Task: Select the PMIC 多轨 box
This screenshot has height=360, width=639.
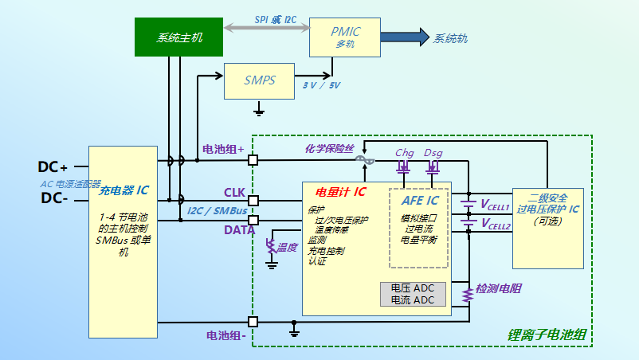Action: coord(345,37)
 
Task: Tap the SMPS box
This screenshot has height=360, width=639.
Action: coord(259,80)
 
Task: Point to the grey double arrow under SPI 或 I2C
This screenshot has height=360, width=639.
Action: coord(266,29)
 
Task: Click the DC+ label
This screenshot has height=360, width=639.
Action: coord(53,167)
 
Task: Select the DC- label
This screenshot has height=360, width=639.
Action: coord(53,198)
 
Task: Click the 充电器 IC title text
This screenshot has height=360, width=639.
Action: coord(123,191)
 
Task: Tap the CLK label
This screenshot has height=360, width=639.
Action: coord(234,192)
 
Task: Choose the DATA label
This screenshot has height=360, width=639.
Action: coord(239,229)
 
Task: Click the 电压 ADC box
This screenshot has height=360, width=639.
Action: coord(413,288)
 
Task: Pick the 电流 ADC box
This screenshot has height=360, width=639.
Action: coord(413,300)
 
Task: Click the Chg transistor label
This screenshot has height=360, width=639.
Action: coord(405,152)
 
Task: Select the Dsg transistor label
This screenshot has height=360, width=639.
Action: coord(433,152)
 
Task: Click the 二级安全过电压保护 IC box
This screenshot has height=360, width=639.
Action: coord(548,228)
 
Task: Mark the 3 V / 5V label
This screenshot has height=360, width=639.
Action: coord(322,85)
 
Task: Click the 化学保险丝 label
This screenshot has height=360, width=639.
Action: coord(329,148)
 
